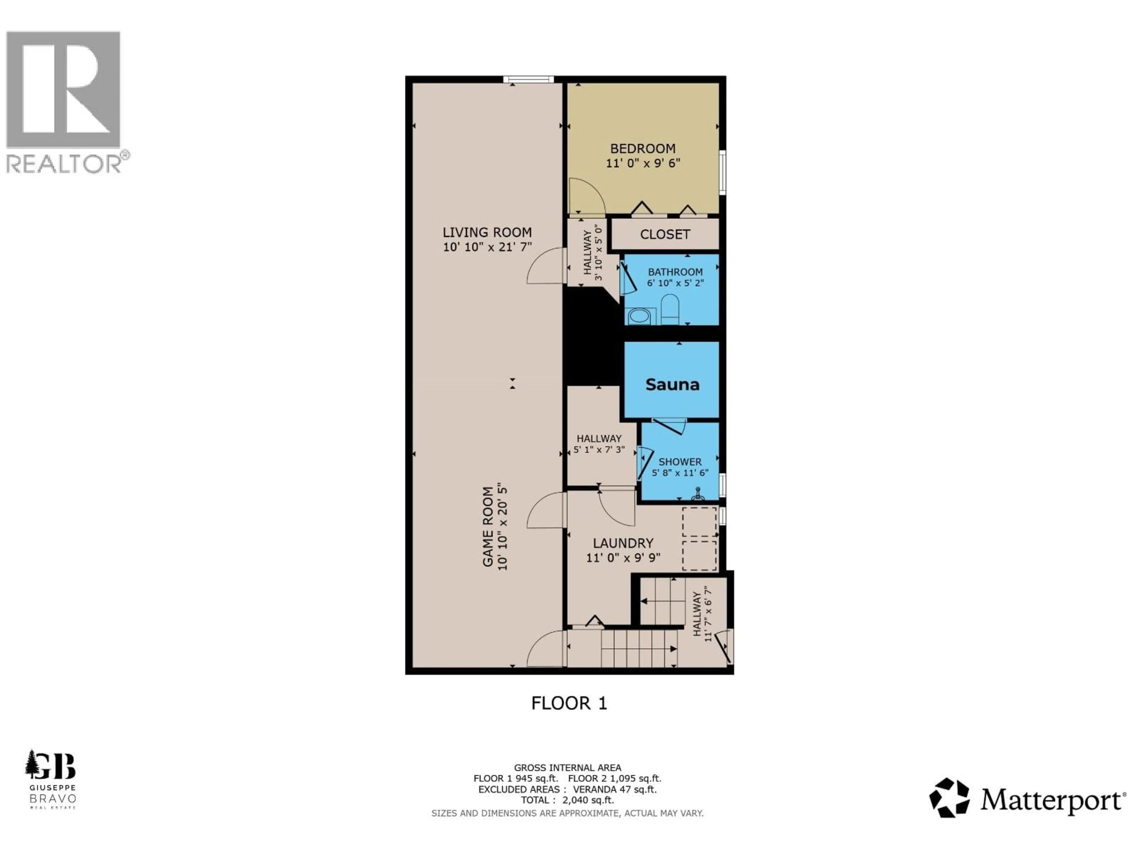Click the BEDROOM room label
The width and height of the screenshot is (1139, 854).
(x=643, y=149)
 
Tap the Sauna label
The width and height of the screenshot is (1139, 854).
(x=672, y=385)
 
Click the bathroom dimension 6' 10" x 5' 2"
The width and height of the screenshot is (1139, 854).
(x=675, y=283)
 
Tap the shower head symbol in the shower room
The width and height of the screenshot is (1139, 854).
(x=698, y=494)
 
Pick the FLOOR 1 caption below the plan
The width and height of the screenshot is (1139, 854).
(x=569, y=703)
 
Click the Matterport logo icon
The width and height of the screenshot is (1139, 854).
(x=949, y=798)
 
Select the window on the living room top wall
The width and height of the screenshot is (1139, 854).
(x=528, y=79)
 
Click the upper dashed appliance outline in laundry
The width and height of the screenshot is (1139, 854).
(x=699, y=522)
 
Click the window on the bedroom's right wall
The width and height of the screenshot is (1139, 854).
(x=723, y=173)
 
